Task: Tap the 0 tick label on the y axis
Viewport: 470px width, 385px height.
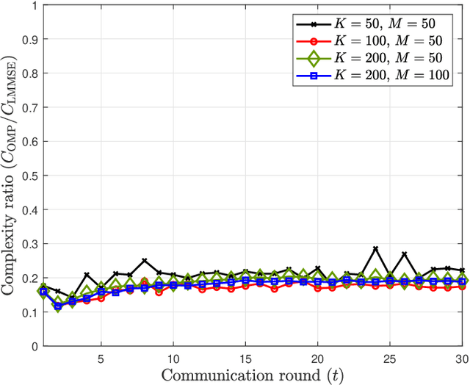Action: click(x=34, y=346)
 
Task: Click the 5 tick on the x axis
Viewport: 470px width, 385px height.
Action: click(x=101, y=356)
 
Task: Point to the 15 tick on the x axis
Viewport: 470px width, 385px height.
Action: click(x=245, y=356)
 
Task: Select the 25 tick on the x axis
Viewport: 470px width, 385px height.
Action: click(x=390, y=356)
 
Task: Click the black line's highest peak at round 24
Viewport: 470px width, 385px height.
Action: click(x=375, y=248)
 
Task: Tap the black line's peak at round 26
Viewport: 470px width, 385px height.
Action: click(x=404, y=253)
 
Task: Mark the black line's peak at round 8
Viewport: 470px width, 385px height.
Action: click(x=144, y=260)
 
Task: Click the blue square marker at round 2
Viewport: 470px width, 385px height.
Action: click(x=57, y=305)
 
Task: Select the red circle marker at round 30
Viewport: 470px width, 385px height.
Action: click(x=462, y=287)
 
